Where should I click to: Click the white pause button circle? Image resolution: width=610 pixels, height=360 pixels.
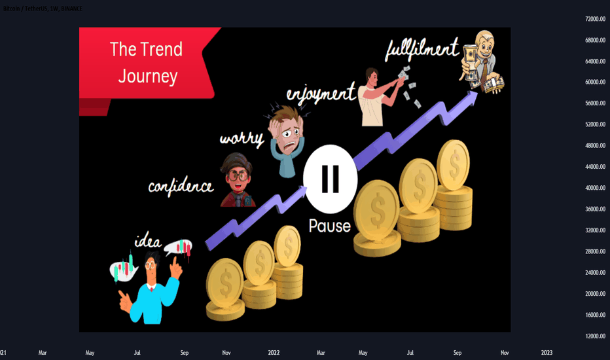[x=331, y=179]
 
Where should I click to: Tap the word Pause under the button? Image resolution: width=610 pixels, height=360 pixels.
[x=329, y=226]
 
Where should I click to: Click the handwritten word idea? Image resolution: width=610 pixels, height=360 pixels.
[x=148, y=242]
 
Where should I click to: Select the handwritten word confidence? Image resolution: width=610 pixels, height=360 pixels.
[x=181, y=186]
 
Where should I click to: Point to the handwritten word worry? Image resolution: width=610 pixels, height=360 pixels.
[x=242, y=139]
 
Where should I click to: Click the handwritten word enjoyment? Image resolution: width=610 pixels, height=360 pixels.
[x=321, y=94]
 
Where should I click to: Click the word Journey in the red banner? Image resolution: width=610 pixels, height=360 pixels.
[x=148, y=77]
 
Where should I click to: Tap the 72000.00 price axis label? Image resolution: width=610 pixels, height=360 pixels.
[x=595, y=19]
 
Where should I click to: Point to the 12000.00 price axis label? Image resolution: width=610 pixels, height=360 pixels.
[x=595, y=336]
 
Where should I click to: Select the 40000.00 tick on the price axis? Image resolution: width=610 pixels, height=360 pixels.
[x=595, y=188]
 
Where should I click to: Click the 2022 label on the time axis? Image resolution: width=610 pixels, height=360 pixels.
[x=274, y=353]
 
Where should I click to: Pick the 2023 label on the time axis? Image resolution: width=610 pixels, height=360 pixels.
[x=547, y=353]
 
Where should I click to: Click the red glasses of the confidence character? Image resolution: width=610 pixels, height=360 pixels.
[x=238, y=176]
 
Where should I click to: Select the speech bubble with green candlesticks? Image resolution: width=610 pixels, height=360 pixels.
[x=123, y=268]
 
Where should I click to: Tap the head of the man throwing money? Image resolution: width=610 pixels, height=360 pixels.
[x=372, y=77]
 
